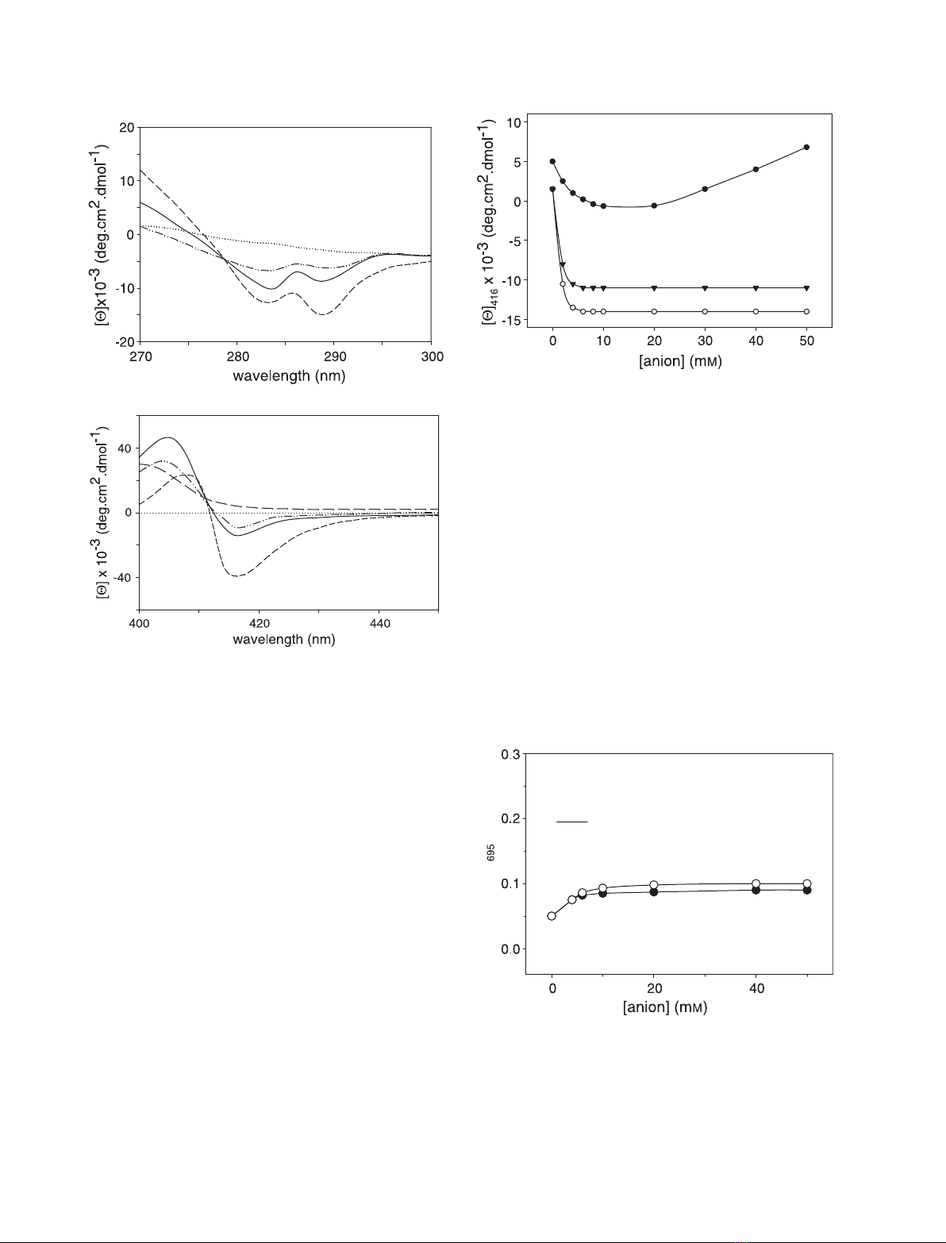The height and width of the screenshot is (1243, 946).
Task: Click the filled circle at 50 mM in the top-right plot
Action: [x=806, y=147]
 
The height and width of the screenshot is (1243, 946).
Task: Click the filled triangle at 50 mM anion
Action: [x=806, y=287]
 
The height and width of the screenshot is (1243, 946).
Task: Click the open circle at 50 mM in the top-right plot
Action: [x=806, y=311]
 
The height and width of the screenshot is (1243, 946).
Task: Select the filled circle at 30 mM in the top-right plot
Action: [x=705, y=189]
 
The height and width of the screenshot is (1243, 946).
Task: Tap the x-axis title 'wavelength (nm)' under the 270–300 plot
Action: [x=283, y=375]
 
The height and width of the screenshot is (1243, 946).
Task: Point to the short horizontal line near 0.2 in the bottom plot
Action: [x=571, y=822]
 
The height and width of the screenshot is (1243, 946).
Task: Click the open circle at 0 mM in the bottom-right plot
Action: [x=552, y=916]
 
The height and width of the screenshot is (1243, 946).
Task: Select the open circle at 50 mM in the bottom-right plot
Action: [x=806, y=883]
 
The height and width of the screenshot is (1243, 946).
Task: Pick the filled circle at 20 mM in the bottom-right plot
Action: [x=653, y=892]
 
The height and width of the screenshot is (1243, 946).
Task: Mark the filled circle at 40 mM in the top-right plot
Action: [x=756, y=169]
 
